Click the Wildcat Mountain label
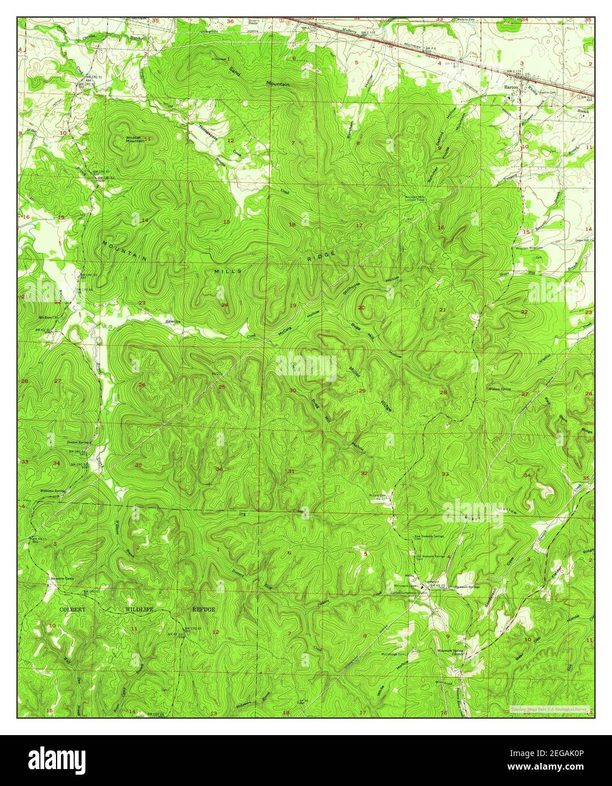tap(133, 139)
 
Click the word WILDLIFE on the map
tap(139, 610)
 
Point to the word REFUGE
tap(202, 610)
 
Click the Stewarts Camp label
tap(62, 578)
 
